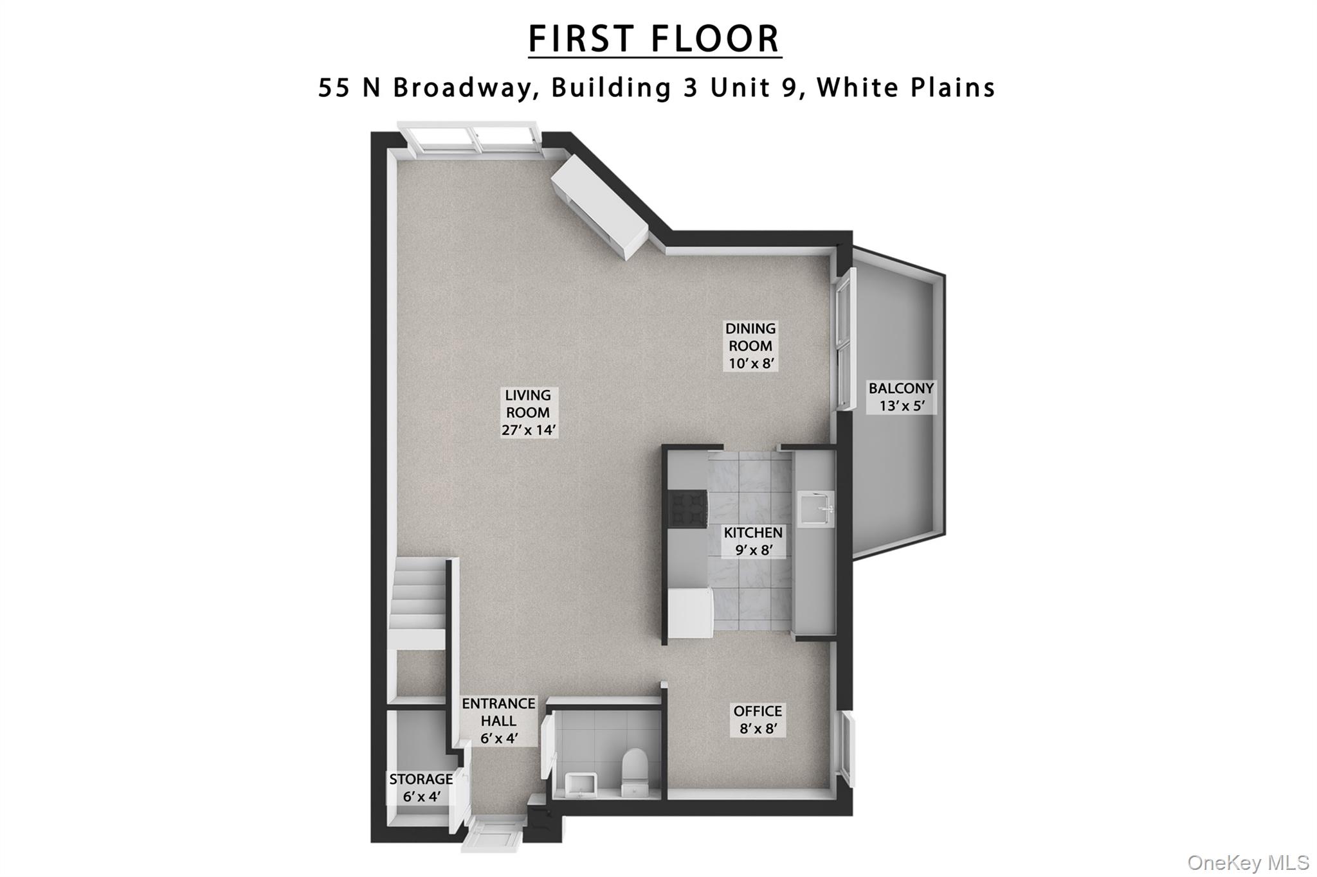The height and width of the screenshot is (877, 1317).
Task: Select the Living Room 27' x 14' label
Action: [529, 412]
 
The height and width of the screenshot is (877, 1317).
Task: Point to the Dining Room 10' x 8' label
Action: [750, 346]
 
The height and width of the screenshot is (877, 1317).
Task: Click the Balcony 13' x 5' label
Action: [900, 397]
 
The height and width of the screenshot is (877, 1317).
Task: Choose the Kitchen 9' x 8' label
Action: [753, 541]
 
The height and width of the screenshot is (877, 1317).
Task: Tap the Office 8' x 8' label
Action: [758, 720]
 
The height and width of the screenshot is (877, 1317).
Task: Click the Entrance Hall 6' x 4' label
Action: [498, 721]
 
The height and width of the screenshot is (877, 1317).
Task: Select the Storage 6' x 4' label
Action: [421, 788]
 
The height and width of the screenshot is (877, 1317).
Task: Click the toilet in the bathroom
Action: [635, 771]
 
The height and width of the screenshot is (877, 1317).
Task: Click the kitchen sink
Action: [816, 511]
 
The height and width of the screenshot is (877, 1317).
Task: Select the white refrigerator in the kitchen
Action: [689, 614]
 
